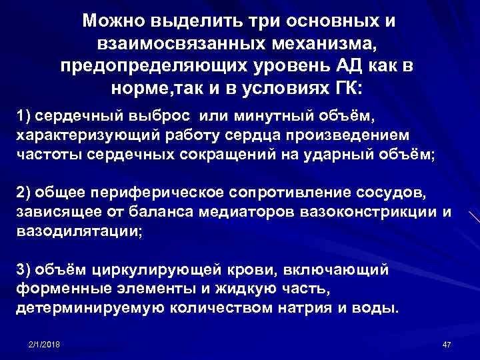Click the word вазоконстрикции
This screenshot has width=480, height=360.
366,211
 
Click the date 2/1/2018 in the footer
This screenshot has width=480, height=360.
45,343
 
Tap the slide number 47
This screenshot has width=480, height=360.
447,343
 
